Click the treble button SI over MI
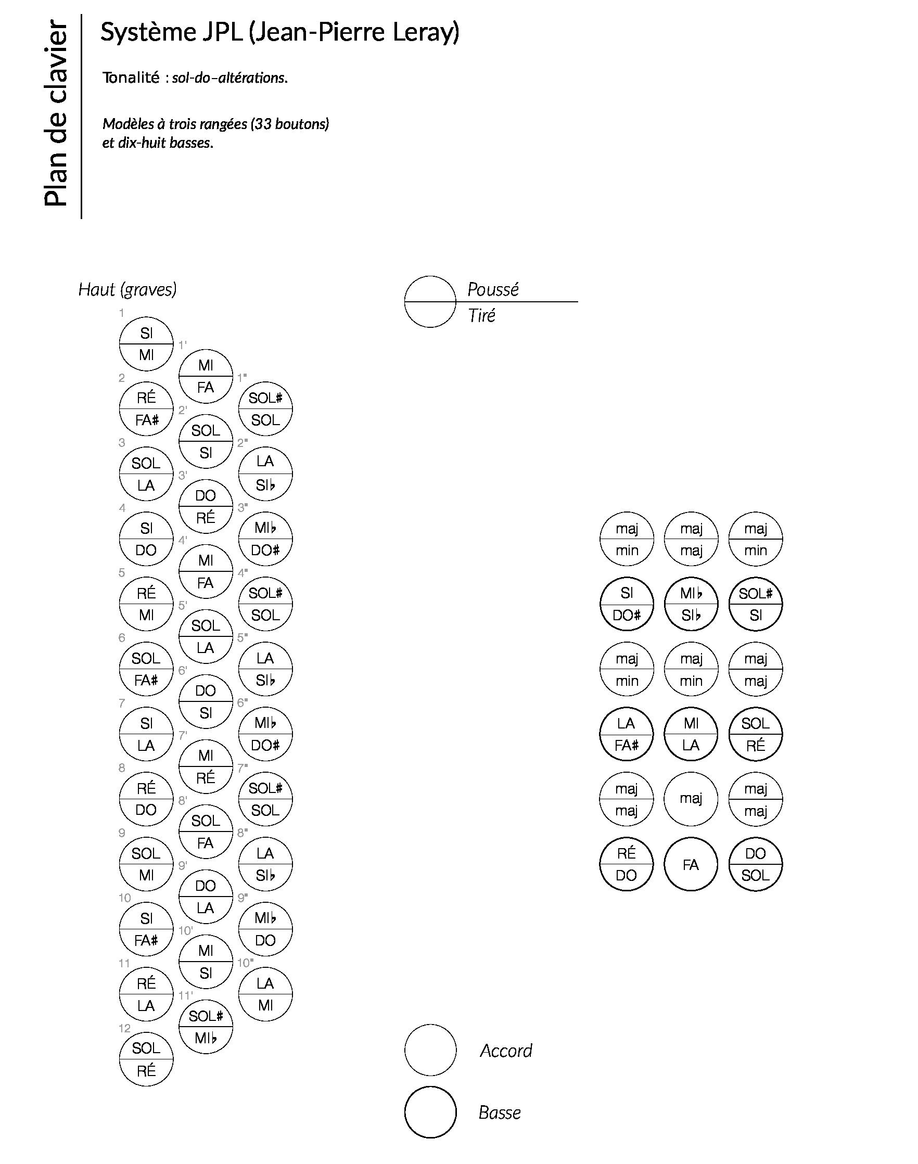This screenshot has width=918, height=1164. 146,344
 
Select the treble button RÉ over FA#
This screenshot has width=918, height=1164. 146,409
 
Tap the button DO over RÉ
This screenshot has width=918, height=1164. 206,506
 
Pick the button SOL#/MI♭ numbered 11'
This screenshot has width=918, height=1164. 206,1027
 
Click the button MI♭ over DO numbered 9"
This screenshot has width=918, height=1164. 265,929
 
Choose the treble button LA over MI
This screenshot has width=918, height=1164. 265,994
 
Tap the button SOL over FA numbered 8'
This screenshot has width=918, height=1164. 206,832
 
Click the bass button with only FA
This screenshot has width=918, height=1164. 691,865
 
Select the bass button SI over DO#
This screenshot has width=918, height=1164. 627,604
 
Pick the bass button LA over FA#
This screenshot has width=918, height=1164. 627,734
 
